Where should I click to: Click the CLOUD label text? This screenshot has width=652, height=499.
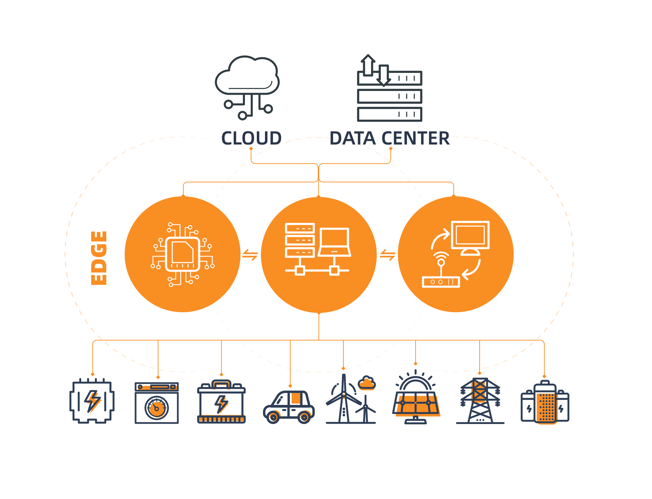(251, 138)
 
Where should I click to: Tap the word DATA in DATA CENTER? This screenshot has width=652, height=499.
(352, 138)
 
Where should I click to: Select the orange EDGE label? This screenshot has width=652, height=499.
(99, 258)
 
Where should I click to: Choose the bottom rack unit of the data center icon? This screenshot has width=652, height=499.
(389, 114)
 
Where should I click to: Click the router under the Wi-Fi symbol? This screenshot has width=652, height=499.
(441, 282)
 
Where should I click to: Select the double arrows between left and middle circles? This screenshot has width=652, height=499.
(250, 255)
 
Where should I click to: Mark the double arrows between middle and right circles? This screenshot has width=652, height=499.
(388, 255)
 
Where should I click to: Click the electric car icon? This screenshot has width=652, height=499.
(289, 407)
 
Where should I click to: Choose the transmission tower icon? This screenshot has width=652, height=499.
(480, 401)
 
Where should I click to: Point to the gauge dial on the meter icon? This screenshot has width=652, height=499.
(157, 408)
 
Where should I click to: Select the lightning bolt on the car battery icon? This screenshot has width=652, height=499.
(221, 404)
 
